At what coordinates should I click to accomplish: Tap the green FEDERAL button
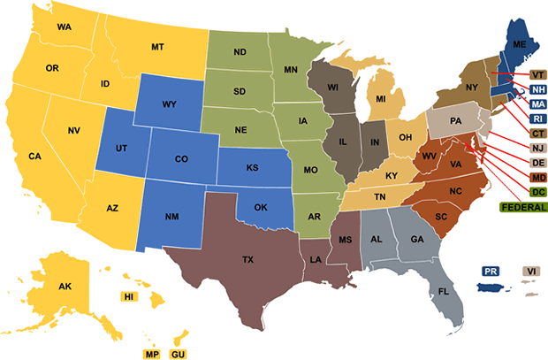524,207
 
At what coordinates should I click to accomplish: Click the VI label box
532,271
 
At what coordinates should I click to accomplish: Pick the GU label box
178,353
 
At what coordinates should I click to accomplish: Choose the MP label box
152,353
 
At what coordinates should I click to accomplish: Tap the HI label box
129,296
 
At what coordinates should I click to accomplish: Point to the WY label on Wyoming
169,104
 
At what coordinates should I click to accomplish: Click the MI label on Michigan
381,99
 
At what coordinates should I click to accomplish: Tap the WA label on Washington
64,27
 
